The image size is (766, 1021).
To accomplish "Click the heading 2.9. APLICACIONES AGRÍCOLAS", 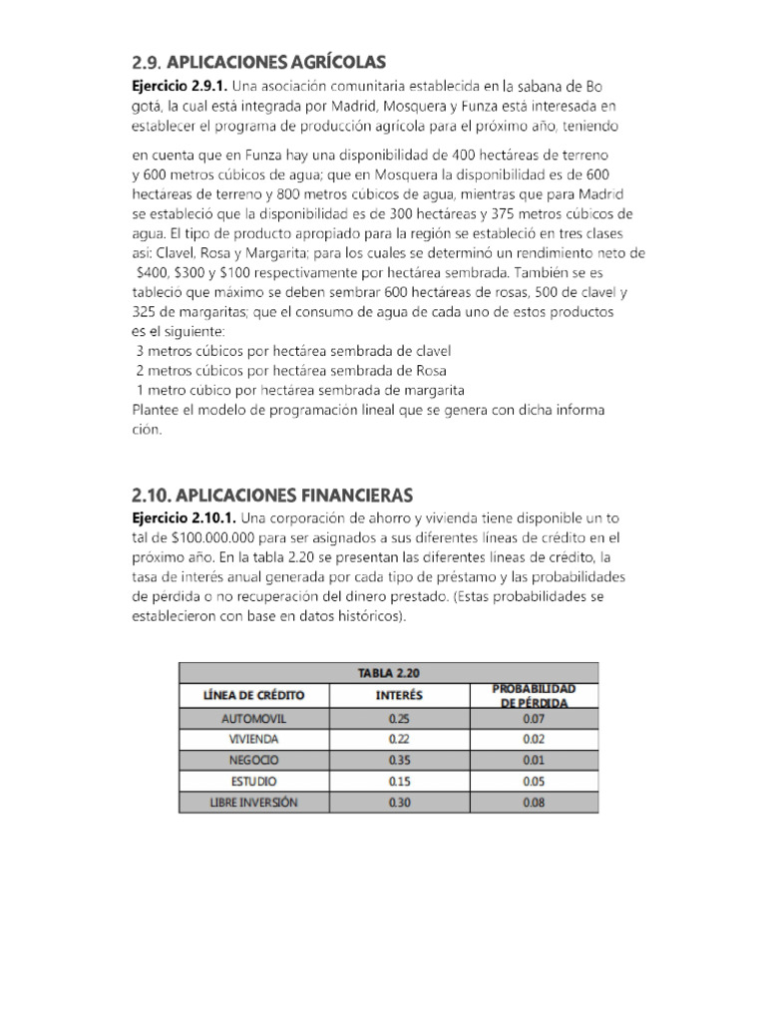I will click(257, 62).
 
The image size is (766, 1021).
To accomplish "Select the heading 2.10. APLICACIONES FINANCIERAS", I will click(271, 495).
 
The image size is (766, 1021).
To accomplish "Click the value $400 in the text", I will click(153, 270).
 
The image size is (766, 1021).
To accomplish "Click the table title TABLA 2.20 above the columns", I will click(389, 673).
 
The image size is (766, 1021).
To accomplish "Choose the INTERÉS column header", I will click(399, 695).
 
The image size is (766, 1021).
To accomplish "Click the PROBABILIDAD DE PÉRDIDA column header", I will click(534, 695).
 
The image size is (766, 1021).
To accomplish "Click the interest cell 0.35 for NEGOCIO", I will click(399, 760).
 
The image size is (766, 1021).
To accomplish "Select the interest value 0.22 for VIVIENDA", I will click(399, 739).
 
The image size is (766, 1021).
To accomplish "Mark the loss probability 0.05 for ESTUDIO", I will click(534, 781).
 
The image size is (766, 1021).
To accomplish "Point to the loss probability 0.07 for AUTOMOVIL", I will click(534, 718).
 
